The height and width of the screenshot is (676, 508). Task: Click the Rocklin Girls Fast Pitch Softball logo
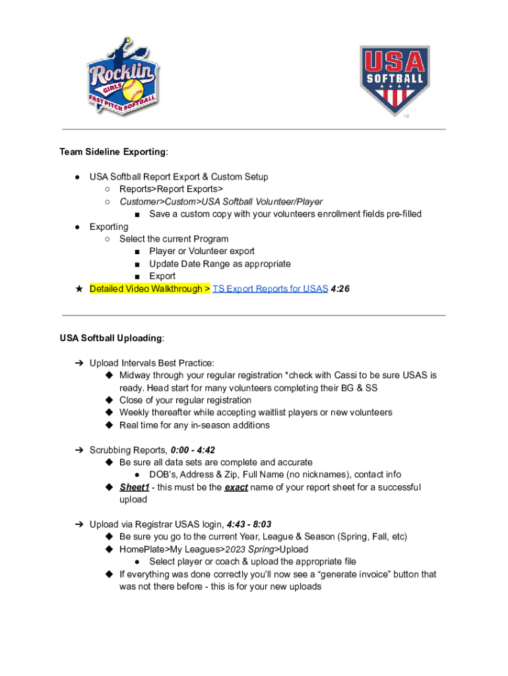click(122, 76)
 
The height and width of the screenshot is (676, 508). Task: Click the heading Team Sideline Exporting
click(113, 152)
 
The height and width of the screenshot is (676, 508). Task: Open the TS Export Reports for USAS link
click(270, 289)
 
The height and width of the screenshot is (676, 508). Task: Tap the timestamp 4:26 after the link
click(340, 289)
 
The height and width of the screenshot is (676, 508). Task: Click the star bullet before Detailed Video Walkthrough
click(79, 289)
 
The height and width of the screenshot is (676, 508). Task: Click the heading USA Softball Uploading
click(111, 338)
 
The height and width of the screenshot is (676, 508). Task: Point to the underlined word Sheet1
click(134, 487)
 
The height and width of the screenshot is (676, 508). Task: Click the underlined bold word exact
click(236, 487)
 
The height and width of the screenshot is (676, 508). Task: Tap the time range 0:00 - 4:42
click(193, 450)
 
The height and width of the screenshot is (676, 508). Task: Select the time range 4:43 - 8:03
click(249, 525)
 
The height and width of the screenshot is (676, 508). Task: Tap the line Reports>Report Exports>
click(171, 189)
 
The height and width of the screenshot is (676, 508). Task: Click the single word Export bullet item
click(162, 276)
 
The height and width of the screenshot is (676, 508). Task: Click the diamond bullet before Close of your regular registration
click(109, 401)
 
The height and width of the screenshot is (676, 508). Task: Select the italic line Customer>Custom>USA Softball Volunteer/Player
click(221, 202)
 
